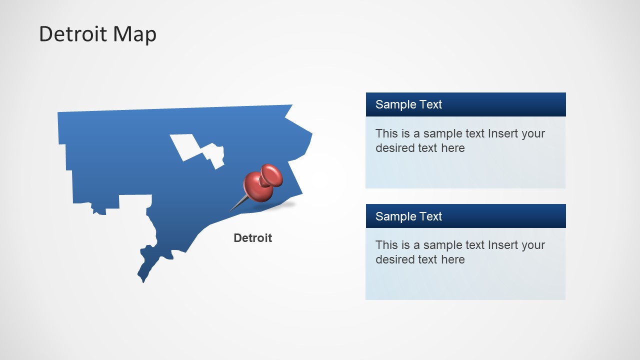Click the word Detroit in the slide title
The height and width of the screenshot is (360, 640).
(73, 34)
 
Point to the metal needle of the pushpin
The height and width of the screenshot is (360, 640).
(238, 204)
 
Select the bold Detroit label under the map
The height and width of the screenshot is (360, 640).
(252, 238)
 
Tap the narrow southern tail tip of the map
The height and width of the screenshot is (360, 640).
(143, 279)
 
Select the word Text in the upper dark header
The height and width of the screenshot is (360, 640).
(430, 104)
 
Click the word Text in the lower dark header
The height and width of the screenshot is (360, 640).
(430, 216)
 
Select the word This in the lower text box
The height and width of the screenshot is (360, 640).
(386, 245)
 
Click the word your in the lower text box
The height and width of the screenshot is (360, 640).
(533, 245)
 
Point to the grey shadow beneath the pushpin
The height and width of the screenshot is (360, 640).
(282, 205)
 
